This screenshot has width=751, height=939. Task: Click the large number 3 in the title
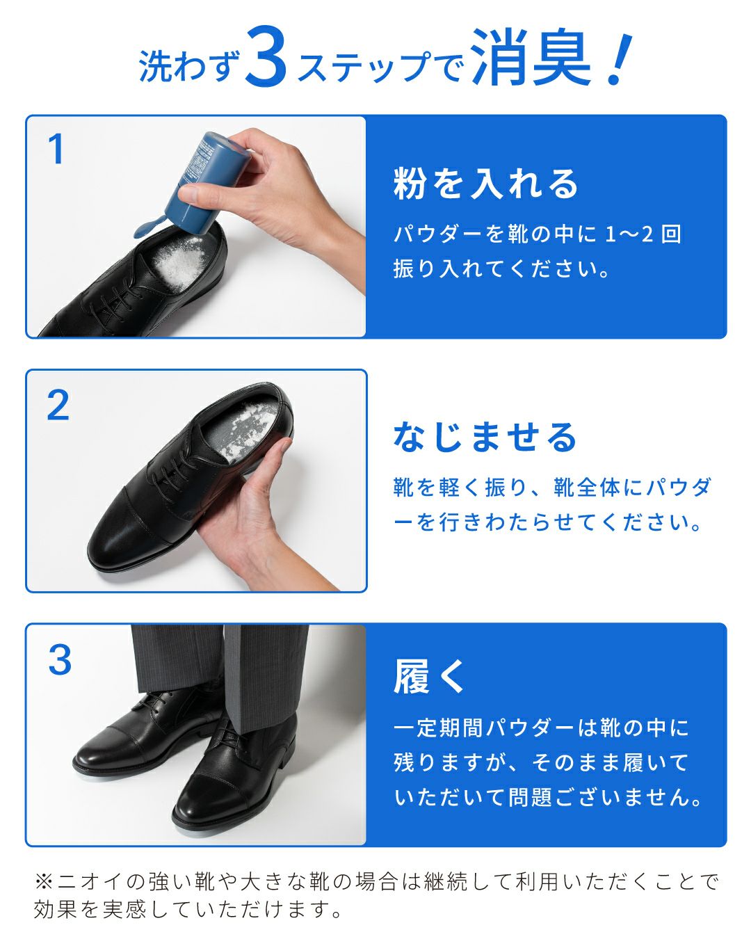click(266, 58)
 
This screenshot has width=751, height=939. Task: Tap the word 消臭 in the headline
click(530, 58)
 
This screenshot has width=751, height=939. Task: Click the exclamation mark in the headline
click(618, 60)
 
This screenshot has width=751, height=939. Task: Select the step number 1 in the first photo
click(56, 150)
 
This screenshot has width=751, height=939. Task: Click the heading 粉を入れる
click(485, 184)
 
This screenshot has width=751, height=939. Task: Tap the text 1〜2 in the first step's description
click(629, 234)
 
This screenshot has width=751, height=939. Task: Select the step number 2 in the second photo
click(58, 406)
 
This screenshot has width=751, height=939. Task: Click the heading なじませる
click(485, 438)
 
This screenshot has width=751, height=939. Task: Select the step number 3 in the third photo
click(60, 660)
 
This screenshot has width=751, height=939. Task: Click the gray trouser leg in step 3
click(264, 675)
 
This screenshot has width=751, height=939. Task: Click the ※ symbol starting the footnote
click(44, 882)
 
